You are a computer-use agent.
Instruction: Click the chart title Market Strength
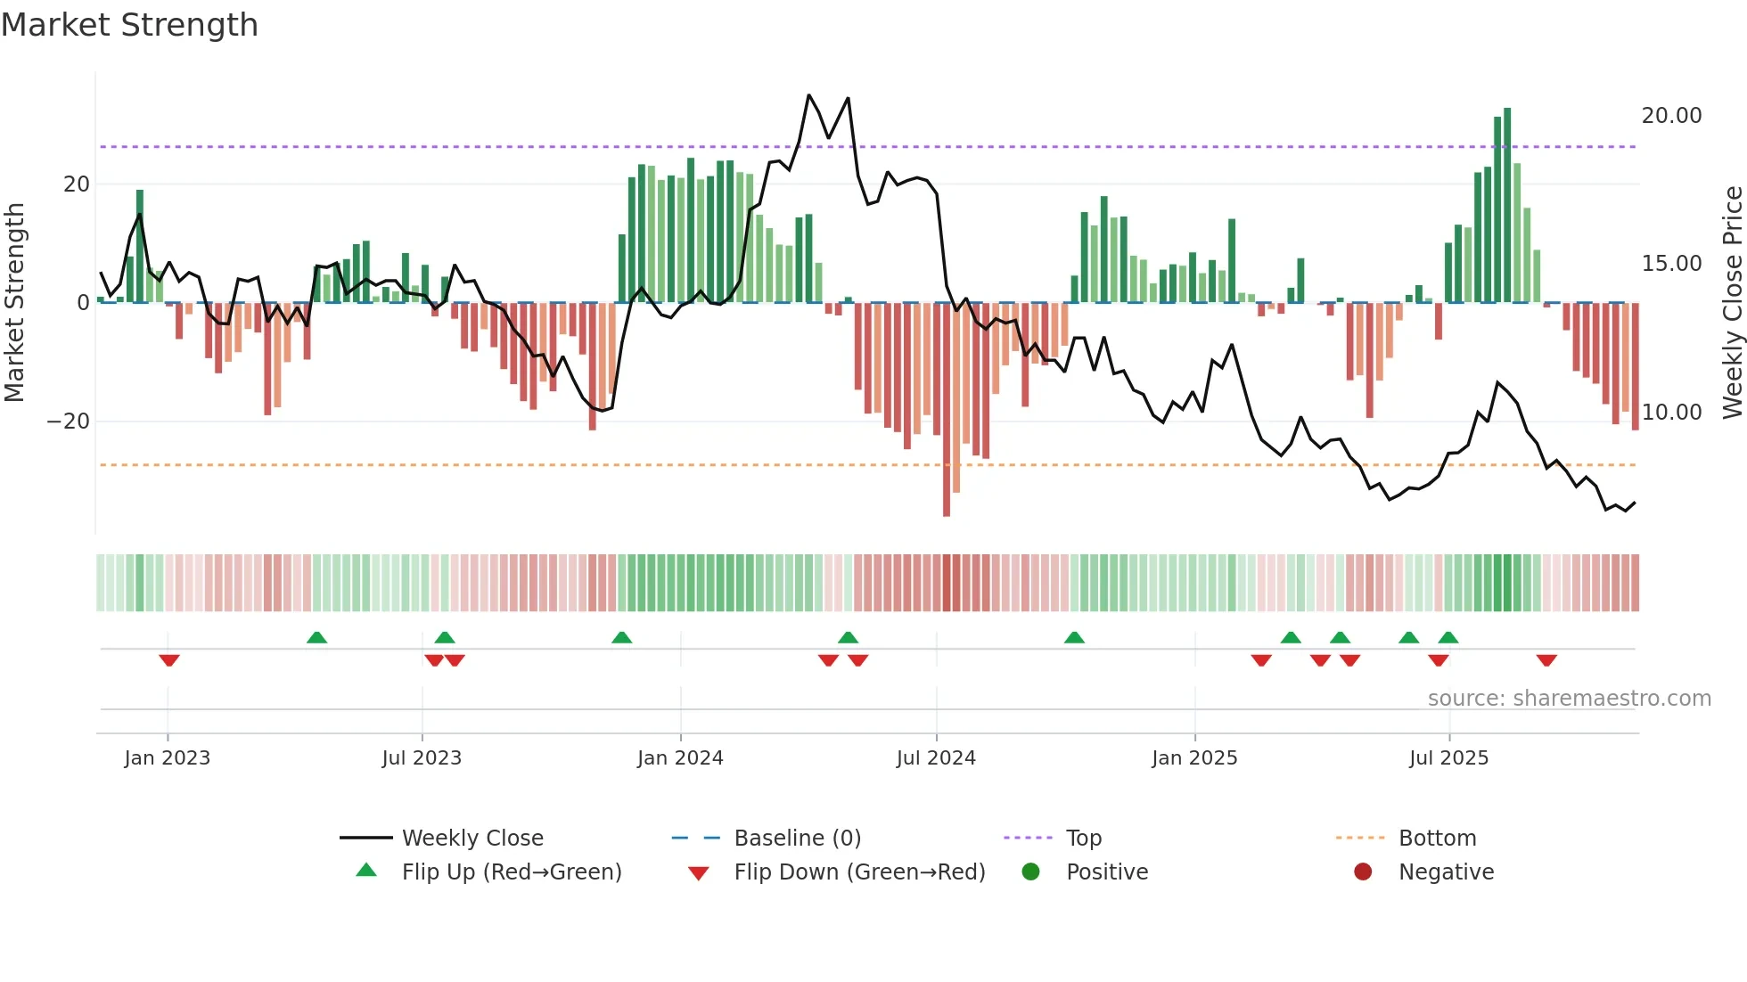coord(129,25)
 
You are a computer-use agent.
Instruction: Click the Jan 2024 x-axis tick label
coord(680,758)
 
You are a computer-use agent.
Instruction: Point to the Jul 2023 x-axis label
coord(422,758)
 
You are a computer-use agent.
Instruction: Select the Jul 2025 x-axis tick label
coord(1448,758)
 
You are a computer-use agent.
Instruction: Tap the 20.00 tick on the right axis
coord(1671,116)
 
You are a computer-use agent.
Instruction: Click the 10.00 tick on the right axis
coord(1671,413)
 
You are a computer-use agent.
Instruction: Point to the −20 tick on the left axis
coord(69,421)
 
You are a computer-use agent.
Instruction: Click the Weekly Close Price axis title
coord(1732,303)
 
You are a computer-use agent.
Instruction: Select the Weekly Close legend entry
coord(472,839)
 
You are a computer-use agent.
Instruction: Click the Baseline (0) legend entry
coord(797,839)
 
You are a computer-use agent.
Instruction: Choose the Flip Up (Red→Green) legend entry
coord(511,872)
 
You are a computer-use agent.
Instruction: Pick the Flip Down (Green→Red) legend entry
coord(859,872)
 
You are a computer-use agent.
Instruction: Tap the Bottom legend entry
coord(1437,839)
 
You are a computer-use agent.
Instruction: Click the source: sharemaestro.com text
coord(1569,699)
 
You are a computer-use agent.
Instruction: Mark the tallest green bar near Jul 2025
coord(1507,205)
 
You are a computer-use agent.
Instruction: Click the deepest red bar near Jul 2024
coord(947,410)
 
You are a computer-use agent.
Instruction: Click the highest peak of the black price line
coord(808,95)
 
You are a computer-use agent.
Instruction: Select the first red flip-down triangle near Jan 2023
coord(169,660)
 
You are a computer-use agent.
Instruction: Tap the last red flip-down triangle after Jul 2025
coord(1546,660)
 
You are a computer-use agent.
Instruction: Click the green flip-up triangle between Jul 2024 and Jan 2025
coord(1074,637)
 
